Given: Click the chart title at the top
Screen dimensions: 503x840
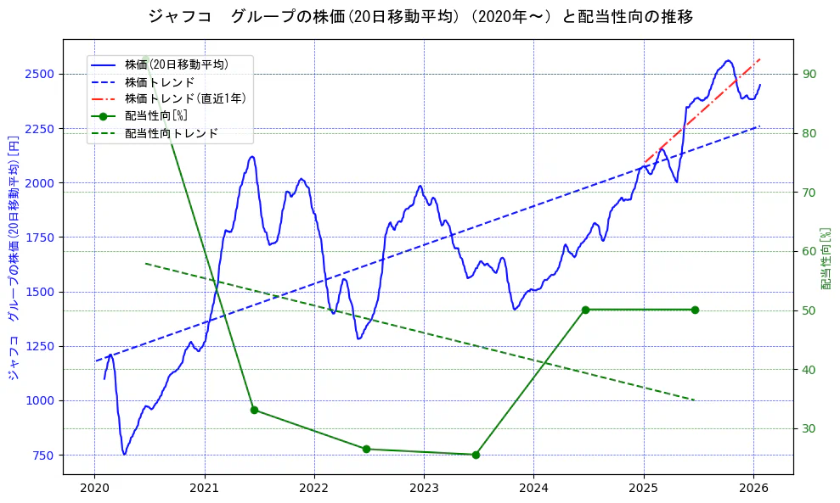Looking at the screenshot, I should (x=420, y=16).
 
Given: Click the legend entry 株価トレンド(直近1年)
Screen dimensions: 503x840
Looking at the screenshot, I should (x=185, y=98).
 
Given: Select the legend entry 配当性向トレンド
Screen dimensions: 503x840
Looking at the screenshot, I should (x=171, y=133).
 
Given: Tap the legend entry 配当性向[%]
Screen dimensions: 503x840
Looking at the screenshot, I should (x=155, y=115).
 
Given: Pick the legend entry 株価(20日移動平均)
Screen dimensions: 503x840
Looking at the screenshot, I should (x=176, y=64).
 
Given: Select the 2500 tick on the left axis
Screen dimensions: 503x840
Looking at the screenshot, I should (x=40, y=74).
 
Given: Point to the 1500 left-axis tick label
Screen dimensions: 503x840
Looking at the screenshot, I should (x=40, y=292).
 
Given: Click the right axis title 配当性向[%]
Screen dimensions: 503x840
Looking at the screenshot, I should (x=826, y=258).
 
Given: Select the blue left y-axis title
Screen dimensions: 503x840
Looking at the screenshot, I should (x=14, y=257).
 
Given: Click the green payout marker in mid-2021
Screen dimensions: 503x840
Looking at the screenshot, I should (x=254, y=410).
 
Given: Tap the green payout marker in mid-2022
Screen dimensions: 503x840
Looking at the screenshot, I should (x=366, y=449).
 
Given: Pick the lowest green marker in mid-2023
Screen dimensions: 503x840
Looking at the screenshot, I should (x=476, y=455).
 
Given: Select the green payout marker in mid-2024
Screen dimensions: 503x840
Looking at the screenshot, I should (x=585, y=310).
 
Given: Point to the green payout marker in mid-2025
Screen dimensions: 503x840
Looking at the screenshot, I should (x=695, y=310).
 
